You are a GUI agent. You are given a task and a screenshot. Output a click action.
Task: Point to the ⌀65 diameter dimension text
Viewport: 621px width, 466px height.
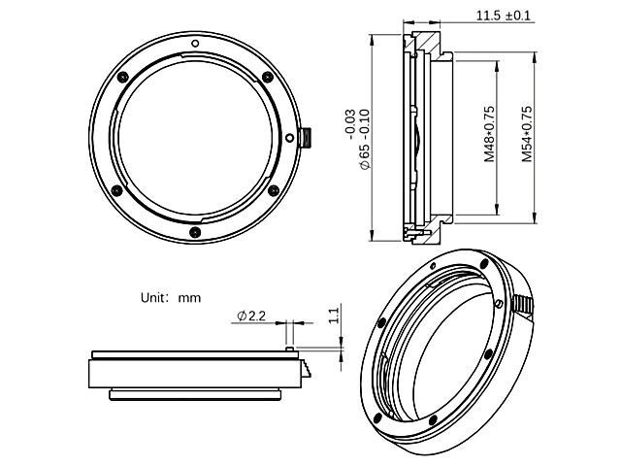(x=364, y=144)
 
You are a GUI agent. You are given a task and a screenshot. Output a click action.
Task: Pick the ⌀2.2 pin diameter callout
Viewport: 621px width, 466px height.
(x=250, y=316)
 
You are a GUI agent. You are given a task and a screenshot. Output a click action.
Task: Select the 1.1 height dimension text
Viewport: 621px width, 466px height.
(x=333, y=314)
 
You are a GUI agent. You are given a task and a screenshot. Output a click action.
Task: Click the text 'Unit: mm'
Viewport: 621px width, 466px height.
(x=171, y=298)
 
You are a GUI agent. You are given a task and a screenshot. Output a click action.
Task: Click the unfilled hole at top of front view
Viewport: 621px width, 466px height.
(x=195, y=43)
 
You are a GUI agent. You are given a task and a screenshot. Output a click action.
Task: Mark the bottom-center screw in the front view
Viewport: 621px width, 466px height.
(x=195, y=231)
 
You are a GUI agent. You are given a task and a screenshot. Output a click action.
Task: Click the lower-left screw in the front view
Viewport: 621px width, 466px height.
(x=119, y=189)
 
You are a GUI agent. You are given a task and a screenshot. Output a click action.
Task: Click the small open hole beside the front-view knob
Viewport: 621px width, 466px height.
(x=288, y=137)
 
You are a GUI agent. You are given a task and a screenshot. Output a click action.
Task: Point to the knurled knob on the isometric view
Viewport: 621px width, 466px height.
(x=524, y=305)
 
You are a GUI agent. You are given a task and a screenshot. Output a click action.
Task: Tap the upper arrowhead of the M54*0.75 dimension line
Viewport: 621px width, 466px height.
(x=536, y=55)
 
